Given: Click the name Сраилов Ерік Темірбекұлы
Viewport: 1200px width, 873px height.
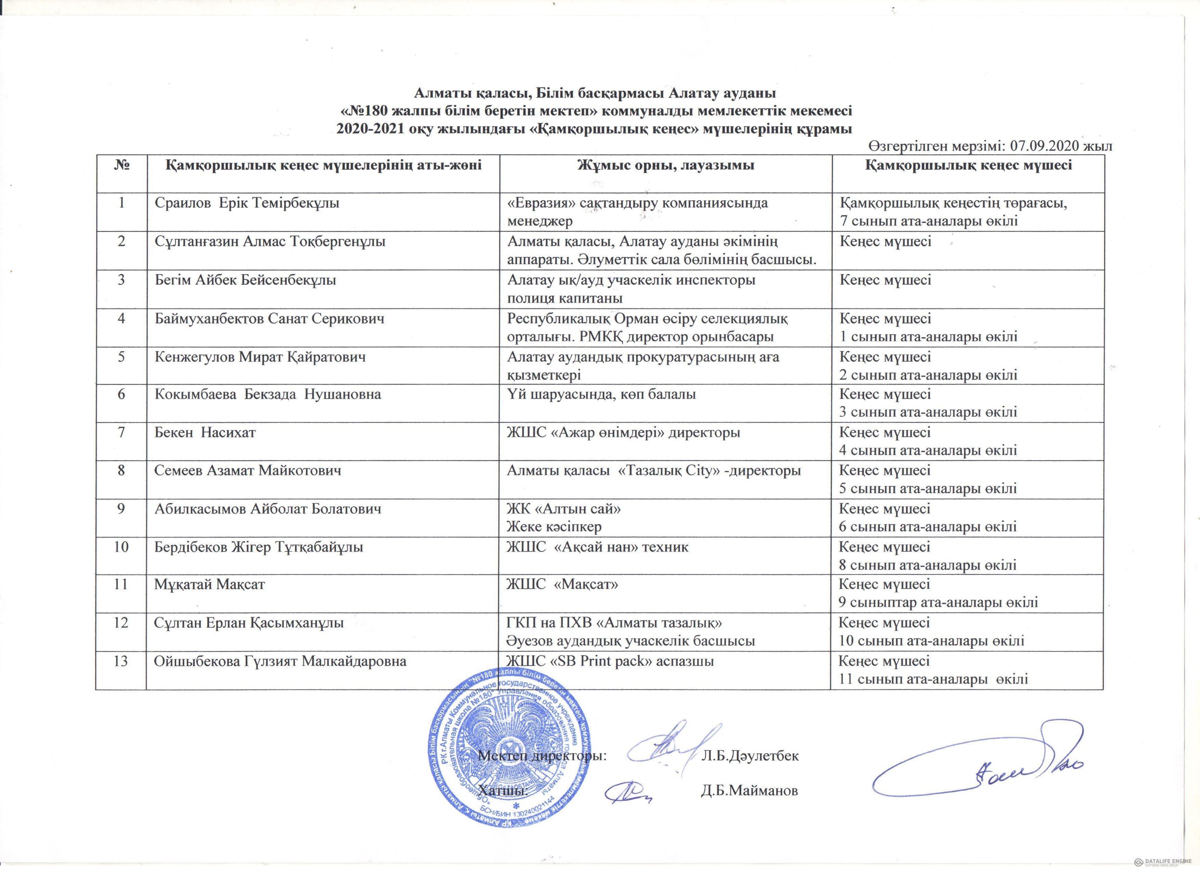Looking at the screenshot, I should tap(246, 203).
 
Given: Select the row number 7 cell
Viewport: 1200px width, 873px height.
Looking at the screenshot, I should tap(121, 433).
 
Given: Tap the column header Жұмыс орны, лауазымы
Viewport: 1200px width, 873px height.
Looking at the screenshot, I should tap(666, 166).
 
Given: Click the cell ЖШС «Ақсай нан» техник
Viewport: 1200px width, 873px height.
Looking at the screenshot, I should tap(598, 547).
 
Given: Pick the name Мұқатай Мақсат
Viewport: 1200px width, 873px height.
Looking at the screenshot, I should tap(209, 585).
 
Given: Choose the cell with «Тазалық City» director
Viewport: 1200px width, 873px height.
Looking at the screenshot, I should tap(653, 470).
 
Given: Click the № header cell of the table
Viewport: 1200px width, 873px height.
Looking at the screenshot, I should tap(121, 166).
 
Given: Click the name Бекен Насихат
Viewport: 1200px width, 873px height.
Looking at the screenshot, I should tap(205, 433).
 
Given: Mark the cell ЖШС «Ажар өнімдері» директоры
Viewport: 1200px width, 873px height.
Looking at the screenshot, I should tap(623, 433).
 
